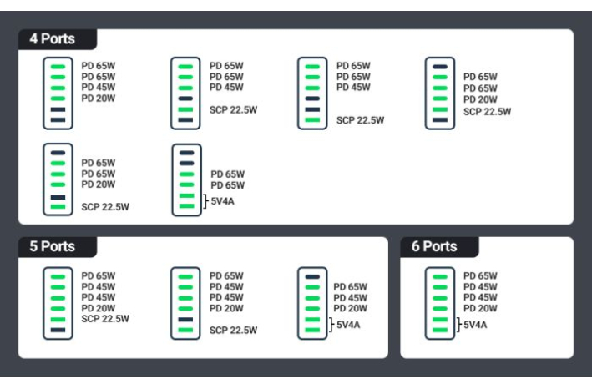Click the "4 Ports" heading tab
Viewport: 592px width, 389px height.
point(53,39)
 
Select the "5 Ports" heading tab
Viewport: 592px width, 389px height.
point(53,246)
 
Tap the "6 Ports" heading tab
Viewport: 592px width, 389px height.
point(434,246)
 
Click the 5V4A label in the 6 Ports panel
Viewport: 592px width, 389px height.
point(475,325)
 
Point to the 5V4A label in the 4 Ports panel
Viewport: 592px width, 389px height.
point(223,200)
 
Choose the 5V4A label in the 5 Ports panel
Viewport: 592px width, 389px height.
point(348,325)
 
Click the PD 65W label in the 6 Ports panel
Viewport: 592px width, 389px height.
point(480,276)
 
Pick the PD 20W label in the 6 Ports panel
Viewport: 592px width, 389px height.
point(480,308)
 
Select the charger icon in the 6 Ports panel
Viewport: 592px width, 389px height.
point(439,303)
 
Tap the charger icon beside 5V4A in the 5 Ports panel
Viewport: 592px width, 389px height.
point(312,303)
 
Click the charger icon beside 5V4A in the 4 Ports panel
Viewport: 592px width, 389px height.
point(186,179)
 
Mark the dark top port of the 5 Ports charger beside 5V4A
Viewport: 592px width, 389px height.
point(312,276)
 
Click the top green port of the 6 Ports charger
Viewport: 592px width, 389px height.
point(439,276)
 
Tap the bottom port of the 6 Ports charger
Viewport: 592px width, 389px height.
point(439,331)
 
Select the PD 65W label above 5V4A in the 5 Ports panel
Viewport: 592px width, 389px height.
point(351,287)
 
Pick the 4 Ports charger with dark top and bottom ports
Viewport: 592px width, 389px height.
point(439,93)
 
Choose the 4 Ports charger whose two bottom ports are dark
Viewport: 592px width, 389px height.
point(58,93)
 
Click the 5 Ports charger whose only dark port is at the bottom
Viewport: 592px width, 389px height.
point(58,303)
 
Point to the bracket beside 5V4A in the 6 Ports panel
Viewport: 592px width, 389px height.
point(458,325)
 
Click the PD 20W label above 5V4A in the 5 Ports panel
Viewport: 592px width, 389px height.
point(351,308)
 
